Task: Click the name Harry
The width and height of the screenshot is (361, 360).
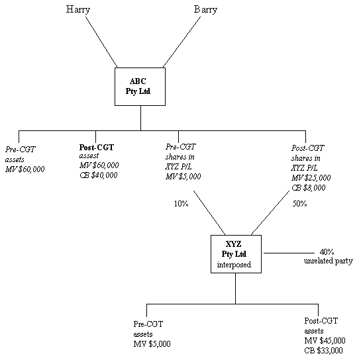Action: point(77,10)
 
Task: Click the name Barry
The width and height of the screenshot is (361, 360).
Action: point(205,10)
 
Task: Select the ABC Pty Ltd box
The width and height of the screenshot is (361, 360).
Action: point(140,87)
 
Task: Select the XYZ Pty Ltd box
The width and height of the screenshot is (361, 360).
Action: point(236,254)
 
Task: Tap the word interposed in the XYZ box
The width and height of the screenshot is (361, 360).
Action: point(234,265)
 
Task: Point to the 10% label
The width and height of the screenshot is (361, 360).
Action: point(181,204)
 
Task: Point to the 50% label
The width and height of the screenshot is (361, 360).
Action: point(299,204)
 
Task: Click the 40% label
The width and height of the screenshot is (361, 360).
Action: point(327,252)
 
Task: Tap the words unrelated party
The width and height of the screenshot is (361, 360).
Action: point(329,261)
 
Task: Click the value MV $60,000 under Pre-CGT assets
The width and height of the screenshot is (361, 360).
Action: point(25,169)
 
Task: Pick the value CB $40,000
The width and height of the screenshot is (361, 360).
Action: point(99,175)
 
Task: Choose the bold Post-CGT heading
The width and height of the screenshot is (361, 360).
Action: point(97,147)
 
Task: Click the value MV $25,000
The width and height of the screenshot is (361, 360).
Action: point(311,178)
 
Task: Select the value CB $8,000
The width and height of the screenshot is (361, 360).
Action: point(309,188)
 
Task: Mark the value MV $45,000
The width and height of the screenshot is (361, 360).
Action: point(325,340)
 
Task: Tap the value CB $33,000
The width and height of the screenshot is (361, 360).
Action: point(323,351)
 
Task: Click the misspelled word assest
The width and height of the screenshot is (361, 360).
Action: point(89,156)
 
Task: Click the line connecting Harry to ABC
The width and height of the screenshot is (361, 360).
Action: point(101,42)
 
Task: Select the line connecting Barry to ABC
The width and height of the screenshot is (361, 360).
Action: point(181,42)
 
